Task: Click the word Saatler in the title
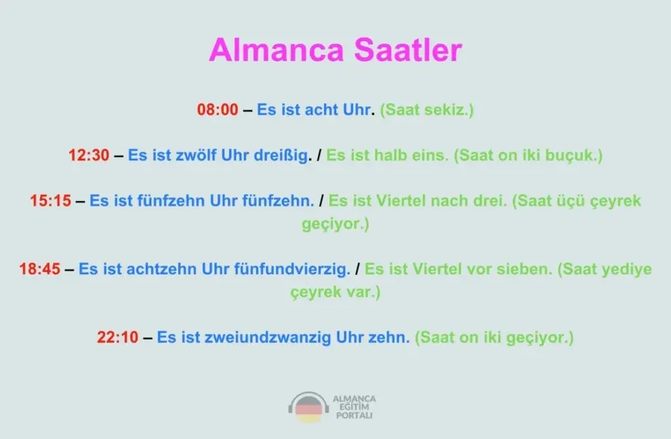pos(408,50)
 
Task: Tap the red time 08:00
pos(217,110)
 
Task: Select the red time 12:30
pos(89,155)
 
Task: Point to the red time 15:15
pos(51,201)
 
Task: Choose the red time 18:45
pos(40,270)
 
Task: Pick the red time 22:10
pos(117,337)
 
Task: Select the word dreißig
pos(282,155)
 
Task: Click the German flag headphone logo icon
pos(309,407)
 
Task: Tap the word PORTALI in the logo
pos(354,415)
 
